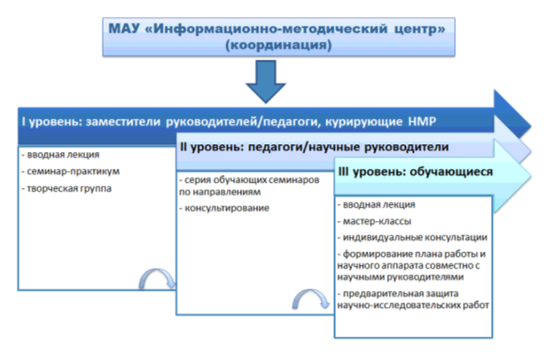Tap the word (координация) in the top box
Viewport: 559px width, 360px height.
click(279, 46)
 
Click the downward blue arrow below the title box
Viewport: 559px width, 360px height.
click(265, 81)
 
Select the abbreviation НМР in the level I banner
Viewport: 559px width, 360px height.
click(422, 122)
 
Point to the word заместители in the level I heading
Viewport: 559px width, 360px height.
click(124, 122)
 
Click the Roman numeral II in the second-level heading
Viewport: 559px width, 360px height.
click(184, 147)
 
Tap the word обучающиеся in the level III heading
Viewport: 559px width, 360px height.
click(451, 172)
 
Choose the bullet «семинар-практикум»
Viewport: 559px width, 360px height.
click(71, 171)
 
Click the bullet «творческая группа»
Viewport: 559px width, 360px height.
click(66, 189)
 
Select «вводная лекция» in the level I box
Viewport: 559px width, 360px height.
click(60, 155)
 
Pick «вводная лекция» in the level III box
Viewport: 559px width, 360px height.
click(376, 204)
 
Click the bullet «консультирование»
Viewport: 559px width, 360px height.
click(224, 208)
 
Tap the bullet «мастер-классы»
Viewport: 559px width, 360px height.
click(374, 221)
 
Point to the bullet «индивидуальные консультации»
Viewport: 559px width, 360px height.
click(412, 237)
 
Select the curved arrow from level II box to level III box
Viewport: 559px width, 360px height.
click(311, 296)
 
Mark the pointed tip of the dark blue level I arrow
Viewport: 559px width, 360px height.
click(531, 126)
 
